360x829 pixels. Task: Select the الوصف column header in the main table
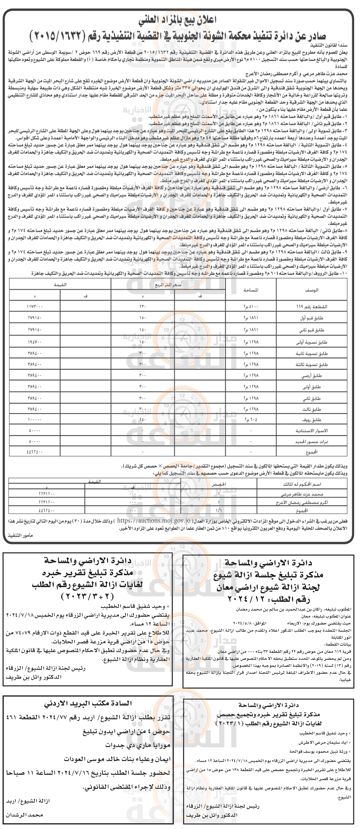point(311,290)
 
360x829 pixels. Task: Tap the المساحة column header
point(251,290)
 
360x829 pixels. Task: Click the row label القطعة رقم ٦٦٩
point(311,307)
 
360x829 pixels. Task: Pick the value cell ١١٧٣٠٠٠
point(35,307)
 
